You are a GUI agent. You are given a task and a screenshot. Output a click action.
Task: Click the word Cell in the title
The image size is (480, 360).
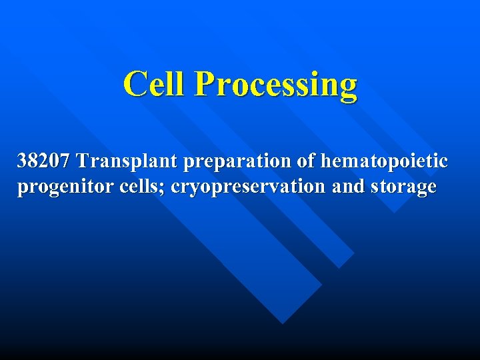pos(155,85)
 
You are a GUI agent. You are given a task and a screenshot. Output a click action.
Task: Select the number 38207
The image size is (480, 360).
pos(44,161)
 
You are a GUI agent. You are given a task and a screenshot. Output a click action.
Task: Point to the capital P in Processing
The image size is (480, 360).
pos(204,85)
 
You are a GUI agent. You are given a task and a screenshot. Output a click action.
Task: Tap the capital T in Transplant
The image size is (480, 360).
pos(82,161)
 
